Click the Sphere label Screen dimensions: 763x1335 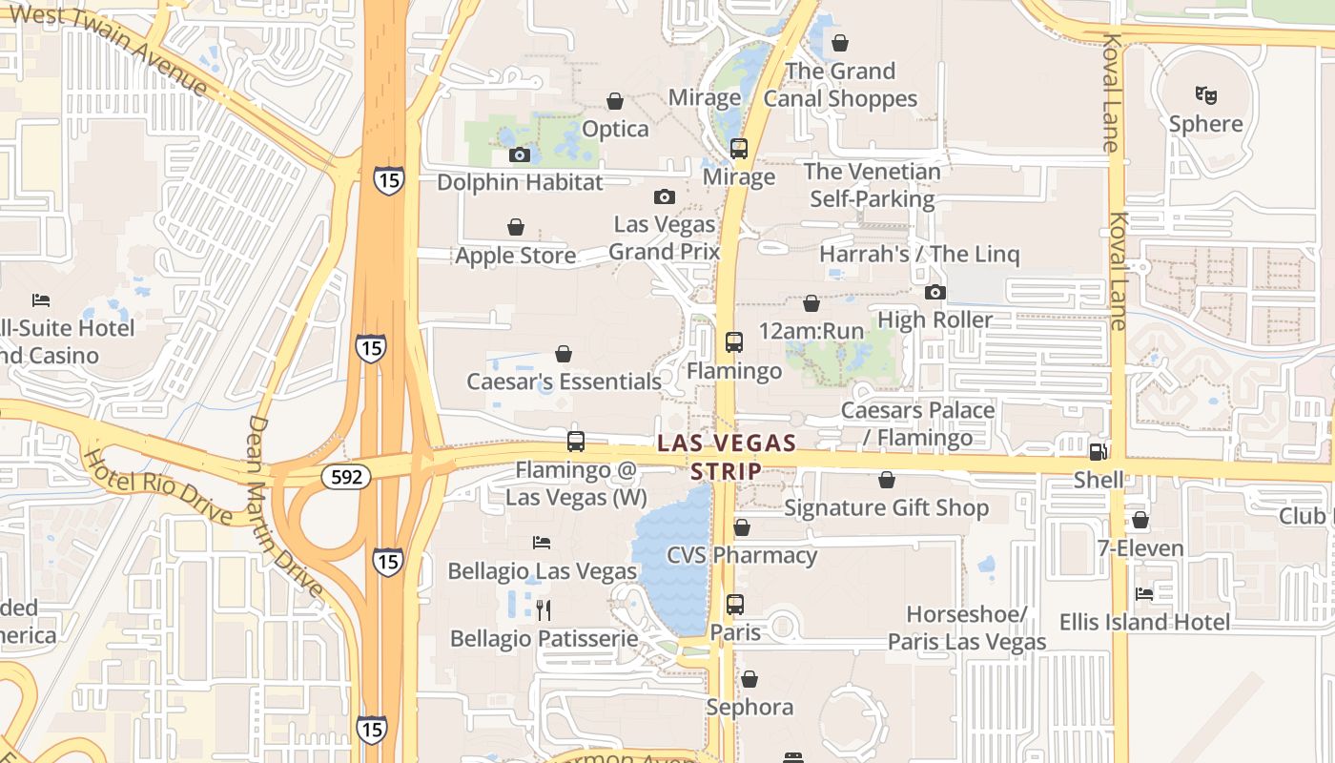coord(1205,124)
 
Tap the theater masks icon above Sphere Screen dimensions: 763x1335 coord(1205,94)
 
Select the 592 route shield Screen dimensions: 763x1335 coord(345,476)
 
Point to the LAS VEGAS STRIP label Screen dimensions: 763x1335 coord(727,457)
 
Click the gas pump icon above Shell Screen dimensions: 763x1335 coord(1099,451)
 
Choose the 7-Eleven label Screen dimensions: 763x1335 coord(1140,548)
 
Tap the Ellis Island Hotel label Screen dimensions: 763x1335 coord(1144,622)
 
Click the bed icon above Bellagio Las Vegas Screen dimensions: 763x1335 coord(541,543)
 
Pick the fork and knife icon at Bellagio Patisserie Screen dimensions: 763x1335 coord(543,609)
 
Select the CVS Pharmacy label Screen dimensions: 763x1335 coord(741,555)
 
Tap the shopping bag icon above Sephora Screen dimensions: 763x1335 coord(750,679)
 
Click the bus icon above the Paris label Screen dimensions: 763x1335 coord(734,604)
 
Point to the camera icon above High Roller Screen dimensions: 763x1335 coord(934,292)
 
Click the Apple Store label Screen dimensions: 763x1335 coord(515,256)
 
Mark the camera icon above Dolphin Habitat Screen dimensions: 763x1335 coord(520,155)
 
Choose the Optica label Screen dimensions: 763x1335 coord(615,129)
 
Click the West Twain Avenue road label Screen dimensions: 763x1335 coord(110,48)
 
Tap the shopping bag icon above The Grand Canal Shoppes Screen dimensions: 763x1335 coord(840,43)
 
